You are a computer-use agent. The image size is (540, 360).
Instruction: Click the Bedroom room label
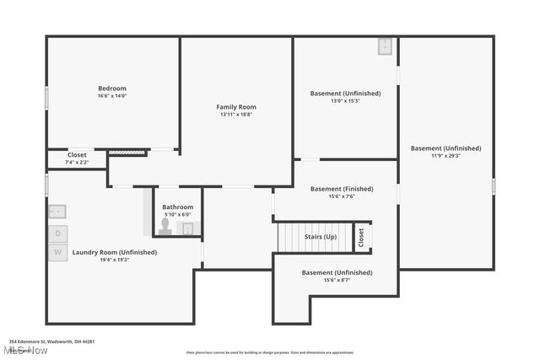112,89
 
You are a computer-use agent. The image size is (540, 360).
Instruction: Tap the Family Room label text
236,107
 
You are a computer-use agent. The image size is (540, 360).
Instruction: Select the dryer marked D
58,233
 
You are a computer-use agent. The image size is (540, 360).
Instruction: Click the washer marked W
58,252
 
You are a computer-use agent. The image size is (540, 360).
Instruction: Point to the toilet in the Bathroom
166,227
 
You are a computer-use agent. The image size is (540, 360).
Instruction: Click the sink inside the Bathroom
188,228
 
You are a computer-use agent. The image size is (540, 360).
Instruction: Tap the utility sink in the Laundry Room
57,212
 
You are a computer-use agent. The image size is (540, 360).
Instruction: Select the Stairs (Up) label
321,237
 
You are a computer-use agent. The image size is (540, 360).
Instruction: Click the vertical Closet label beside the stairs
361,238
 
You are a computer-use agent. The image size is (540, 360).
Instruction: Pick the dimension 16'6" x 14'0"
112,96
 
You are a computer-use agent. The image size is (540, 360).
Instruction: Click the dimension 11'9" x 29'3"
445,155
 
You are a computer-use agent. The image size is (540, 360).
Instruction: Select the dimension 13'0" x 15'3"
345,100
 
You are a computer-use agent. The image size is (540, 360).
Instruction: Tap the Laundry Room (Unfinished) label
115,252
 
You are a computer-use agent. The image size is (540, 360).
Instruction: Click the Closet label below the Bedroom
77,155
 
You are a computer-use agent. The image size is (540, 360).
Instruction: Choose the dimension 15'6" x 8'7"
337,280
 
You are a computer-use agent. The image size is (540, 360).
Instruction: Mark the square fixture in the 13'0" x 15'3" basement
386,46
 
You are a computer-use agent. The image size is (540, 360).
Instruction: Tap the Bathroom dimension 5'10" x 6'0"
178,214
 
